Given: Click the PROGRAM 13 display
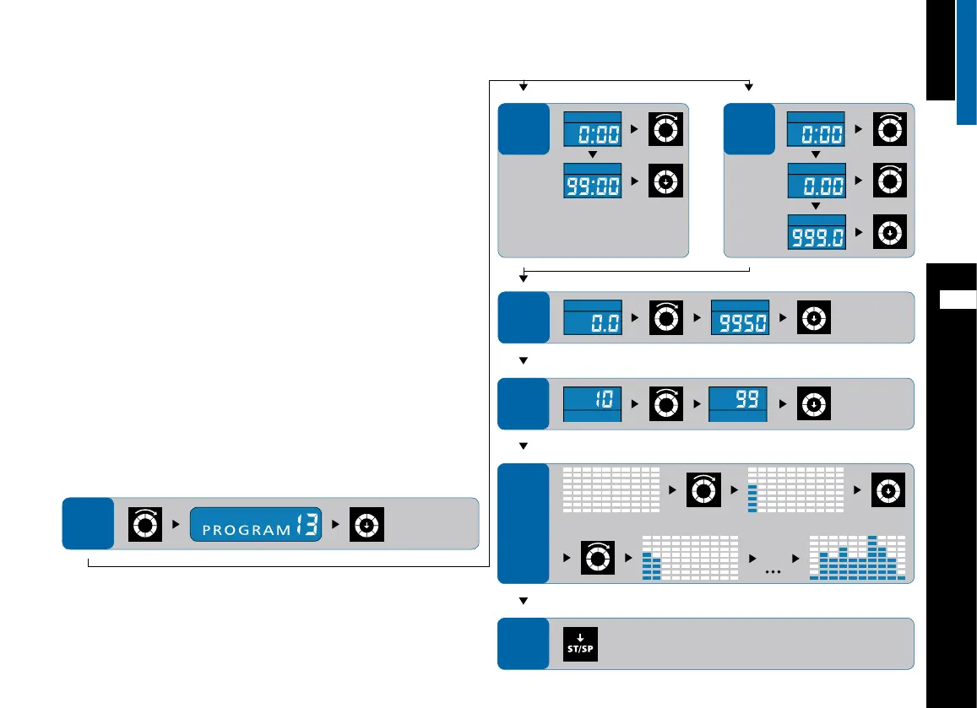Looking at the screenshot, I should coord(256,525).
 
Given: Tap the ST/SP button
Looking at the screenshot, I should coord(580,644).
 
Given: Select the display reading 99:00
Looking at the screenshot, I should coord(593,181).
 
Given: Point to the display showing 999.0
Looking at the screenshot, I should coord(817,232).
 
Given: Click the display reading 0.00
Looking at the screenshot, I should coord(817,181).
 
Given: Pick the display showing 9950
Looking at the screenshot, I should coord(739,316).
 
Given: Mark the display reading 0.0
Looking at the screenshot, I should coord(593,316).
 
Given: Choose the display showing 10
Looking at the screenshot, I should coord(593,403).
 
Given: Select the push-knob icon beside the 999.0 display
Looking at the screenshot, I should coord(889,232).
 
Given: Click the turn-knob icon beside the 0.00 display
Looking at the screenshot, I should coord(889,181).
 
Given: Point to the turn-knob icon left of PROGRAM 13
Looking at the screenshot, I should coord(144,525).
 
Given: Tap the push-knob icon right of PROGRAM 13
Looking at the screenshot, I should coord(367,525).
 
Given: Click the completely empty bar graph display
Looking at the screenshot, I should coord(611,489).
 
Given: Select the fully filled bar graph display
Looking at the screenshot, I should coord(857,558).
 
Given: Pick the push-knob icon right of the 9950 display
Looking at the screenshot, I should coord(812,316).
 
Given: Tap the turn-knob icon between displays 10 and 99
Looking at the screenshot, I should coord(666,403).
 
